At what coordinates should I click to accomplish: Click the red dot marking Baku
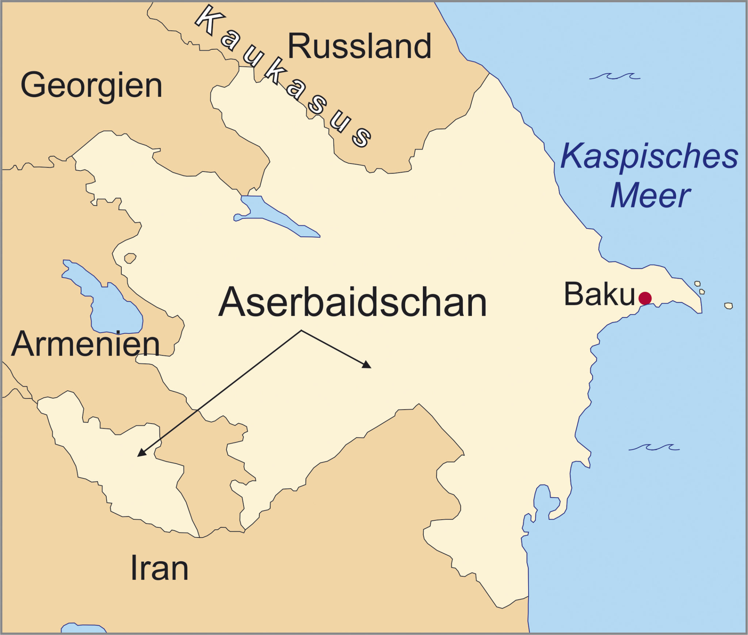pos(645,298)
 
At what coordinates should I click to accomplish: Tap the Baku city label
pos(599,294)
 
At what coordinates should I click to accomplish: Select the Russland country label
pos(359,46)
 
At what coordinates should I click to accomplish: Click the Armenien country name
pos(85,344)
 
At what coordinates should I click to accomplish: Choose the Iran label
pos(159,568)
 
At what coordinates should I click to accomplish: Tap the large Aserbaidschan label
pos(352,303)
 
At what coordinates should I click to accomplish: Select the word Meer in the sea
pos(650,196)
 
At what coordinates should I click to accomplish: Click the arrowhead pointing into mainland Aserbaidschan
pos(367,364)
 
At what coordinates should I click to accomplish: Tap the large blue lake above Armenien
pos(106,303)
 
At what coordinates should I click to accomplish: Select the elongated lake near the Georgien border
pos(274,216)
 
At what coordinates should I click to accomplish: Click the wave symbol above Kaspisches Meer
pos(614,76)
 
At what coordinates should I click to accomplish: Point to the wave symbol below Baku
pos(654,447)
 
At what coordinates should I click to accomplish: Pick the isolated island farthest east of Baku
pos(728,306)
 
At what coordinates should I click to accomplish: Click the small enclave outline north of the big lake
pos(130,258)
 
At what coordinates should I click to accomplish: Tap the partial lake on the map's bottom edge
pos(83,629)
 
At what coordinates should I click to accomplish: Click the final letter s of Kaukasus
pos(361,138)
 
